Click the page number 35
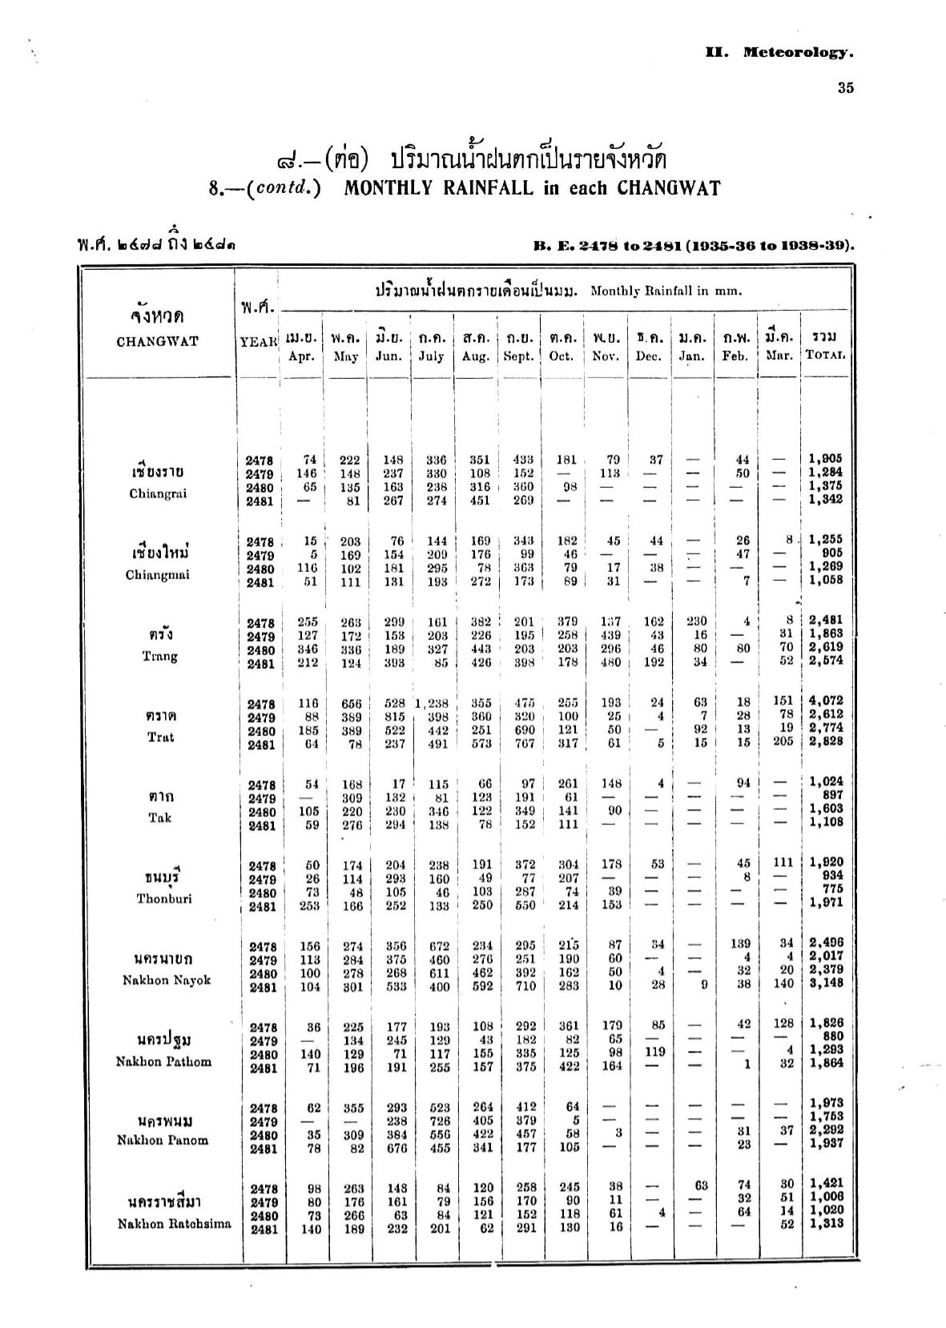pos(845,88)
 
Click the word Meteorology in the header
pos(797,53)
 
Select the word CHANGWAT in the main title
pos(669,188)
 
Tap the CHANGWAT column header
pos(157,341)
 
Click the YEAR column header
pos(258,341)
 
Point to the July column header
pos(431,356)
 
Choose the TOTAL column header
pos(825,356)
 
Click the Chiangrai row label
pos(158,493)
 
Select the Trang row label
pos(159,656)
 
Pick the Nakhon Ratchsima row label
pos(174,1223)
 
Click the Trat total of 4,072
pos(825,700)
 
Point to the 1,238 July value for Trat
pos(433,703)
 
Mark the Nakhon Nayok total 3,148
pos(825,983)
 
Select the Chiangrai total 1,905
pos(825,459)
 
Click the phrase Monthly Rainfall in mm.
pos(666,291)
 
